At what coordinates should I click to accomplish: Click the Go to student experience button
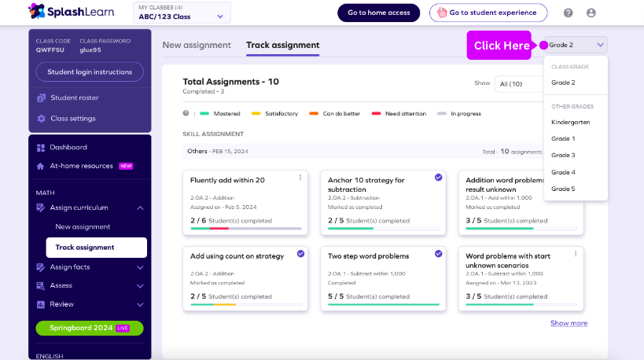point(488,13)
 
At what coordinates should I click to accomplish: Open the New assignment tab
point(197,46)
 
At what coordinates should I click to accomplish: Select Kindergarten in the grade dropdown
point(570,122)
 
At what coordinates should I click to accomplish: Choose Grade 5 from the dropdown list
point(563,189)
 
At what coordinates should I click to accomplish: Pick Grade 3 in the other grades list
point(563,155)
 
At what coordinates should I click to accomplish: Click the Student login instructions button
point(90,72)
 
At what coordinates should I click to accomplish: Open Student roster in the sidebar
point(74,98)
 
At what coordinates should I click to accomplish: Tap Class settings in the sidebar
point(72,119)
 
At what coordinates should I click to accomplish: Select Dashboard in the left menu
point(68,147)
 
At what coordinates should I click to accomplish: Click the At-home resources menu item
point(81,166)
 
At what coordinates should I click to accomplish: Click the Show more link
point(569,323)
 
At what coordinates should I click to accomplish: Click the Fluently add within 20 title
point(227,180)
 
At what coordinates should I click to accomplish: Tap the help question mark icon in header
point(569,13)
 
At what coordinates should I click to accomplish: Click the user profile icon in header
point(591,13)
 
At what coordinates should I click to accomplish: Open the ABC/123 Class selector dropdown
point(182,13)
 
